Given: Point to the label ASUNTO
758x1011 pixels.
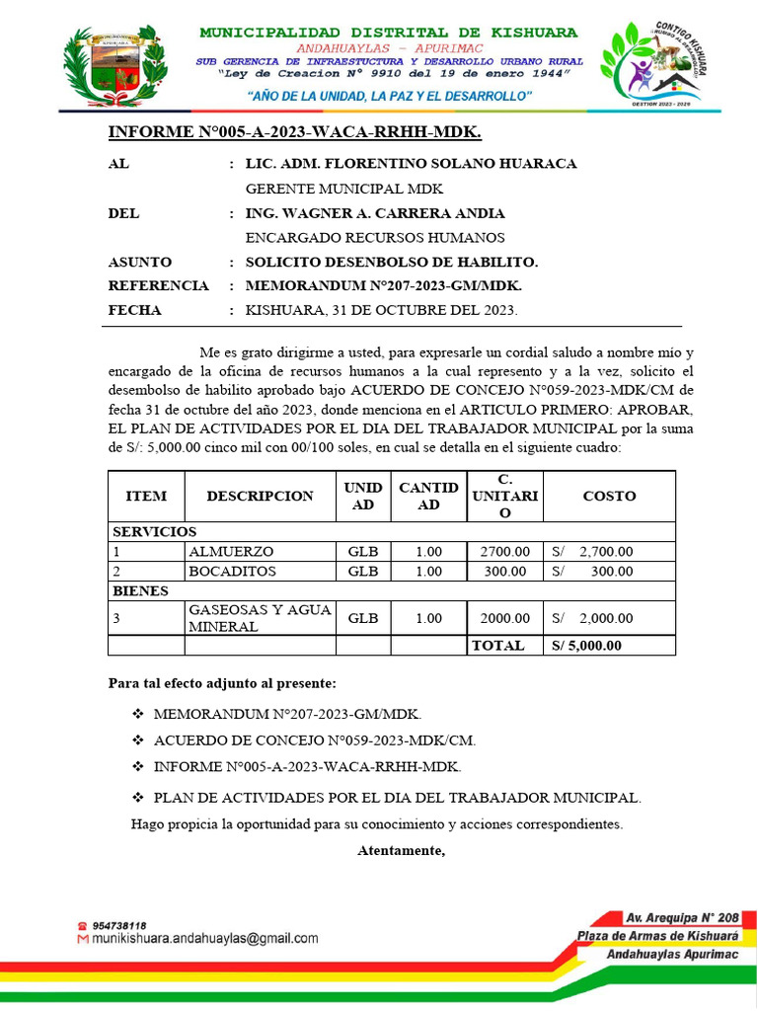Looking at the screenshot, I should coord(139,262).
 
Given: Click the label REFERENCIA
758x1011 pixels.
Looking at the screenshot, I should coord(158,286).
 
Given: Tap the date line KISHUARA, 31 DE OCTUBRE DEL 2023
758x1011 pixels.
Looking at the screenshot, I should coord(381,311).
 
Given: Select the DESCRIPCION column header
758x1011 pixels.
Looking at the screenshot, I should coord(260,496).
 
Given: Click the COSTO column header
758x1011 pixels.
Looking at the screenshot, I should coord(609,496).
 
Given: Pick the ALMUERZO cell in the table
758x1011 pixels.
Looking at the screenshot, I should coord(231,552).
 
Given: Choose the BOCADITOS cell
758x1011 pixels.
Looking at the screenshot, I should coord(233,572).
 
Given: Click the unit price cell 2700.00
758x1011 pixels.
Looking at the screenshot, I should coord(504,552).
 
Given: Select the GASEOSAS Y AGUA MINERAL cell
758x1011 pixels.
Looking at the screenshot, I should coord(260,618).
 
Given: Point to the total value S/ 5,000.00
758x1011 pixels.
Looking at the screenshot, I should coord(585,646).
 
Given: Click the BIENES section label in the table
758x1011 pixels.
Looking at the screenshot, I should coord(140,591).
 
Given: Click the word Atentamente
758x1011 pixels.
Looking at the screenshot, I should coord(401,850).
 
